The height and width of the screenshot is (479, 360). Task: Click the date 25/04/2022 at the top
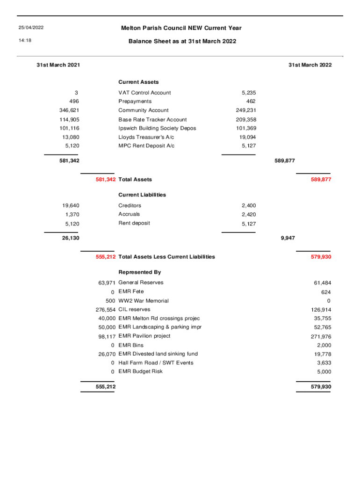pyautogui.click(x=31, y=28)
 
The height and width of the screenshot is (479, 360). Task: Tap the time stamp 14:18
pyautogui.click(x=25, y=41)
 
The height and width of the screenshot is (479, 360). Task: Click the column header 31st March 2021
pyautogui.click(x=58, y=65)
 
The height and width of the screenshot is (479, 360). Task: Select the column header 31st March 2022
pyautogui.click(x=310, y=65)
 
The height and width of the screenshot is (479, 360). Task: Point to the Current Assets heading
pyautogui.click(x=138, y=82)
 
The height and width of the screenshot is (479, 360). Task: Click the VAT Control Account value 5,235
pyautogui.click(x=248, y=93)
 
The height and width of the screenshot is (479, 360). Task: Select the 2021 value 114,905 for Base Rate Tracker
pyautogui.click(x=69, y=120)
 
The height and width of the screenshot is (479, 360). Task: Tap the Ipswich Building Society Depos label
pyautogui.click(x=157, y=128)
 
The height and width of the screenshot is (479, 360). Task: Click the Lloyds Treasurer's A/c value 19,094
pyautogui.click(x=247, y=137)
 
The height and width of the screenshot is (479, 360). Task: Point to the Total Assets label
pyautogui.click(x=135, y=180)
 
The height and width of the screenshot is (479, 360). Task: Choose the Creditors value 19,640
pyautogui.click(x=71, y=206)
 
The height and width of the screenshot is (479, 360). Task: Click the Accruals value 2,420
pyautogui.click(x=248, y=215)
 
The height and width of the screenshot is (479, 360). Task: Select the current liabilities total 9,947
pyautogui.click(x=288, y=238)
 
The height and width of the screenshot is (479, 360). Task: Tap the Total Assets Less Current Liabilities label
pyautogui.click(x=167, y=257)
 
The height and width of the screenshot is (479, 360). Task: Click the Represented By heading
pyautogui.click(x=139, y=272)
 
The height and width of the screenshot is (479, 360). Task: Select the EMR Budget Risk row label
pyautogui.click(x=141, y=371)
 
